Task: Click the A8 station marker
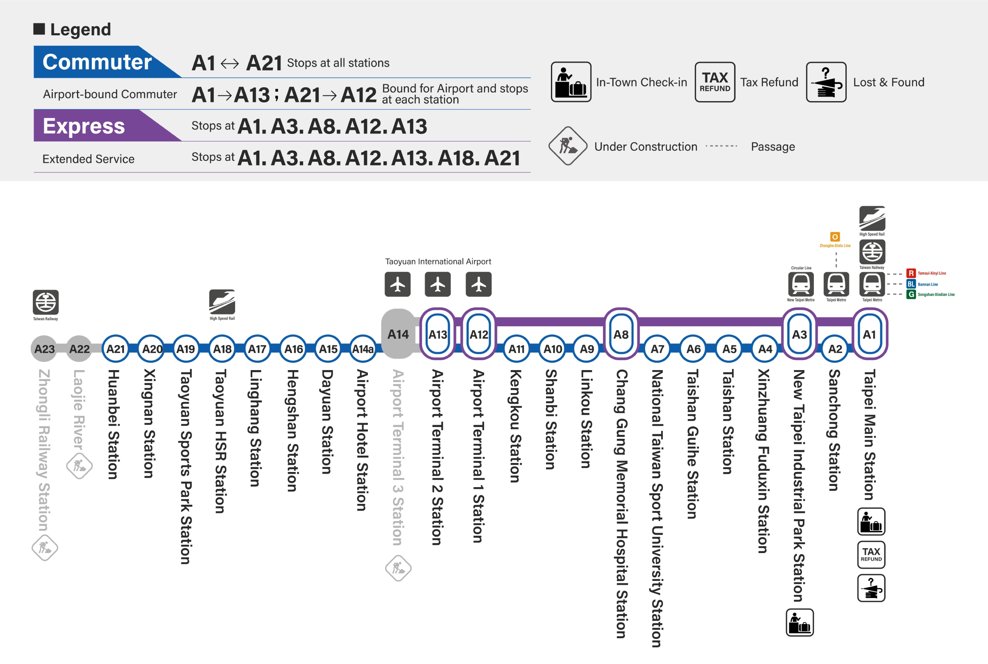621,334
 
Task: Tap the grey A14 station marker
398,334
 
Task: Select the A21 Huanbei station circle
115,348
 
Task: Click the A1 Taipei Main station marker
869,334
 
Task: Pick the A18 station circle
222,348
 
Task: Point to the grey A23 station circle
44,348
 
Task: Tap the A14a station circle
363,348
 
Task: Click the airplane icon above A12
478,284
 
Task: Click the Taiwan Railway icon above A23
45,302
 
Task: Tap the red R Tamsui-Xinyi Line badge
911,273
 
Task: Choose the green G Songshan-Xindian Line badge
911,294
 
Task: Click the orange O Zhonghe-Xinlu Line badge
835,237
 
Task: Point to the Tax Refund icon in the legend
715,82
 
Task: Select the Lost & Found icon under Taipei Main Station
871,588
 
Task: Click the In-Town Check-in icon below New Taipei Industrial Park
800,623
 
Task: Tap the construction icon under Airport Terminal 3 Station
398,568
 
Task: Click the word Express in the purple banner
84,126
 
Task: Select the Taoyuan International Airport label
437,261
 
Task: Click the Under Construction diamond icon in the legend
568,146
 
